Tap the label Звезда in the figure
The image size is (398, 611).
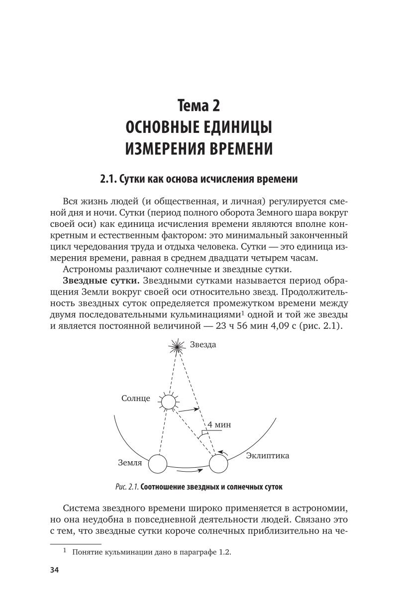203,345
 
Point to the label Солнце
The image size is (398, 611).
136,399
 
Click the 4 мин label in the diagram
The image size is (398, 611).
219,425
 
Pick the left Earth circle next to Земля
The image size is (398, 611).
157,464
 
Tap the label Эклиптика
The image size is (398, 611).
268,455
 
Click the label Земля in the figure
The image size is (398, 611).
130,463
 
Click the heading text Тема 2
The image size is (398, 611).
199,106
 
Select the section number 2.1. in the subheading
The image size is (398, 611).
108,179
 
